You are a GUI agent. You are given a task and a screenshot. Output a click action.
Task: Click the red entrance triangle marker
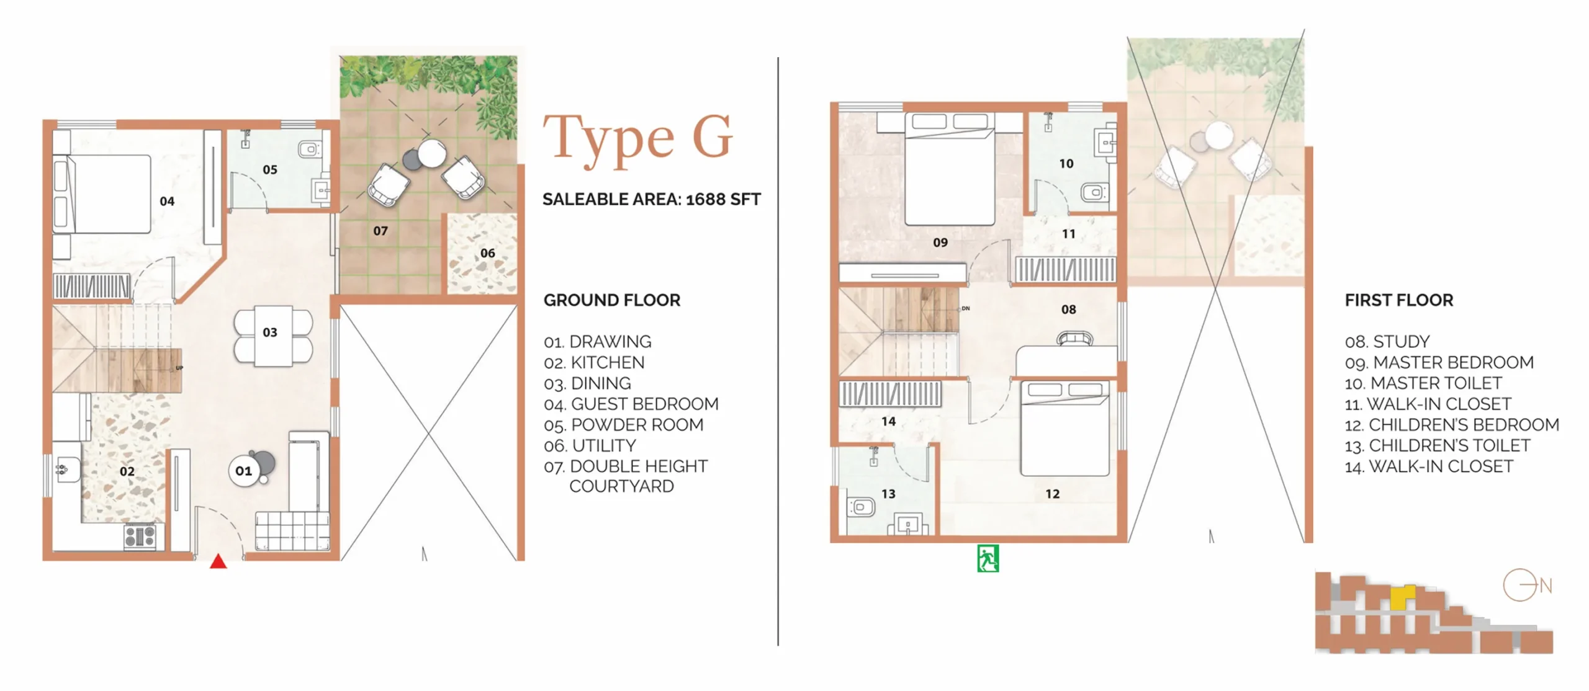(x=218, y=561)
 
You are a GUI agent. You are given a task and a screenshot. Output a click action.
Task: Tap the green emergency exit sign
(x=988, y=558)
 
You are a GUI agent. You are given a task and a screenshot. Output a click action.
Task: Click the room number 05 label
(x=270, y=169)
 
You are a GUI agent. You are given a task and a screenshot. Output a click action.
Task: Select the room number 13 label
(x=888, y=494)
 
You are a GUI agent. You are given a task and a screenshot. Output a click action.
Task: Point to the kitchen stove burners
(x=140, y=537)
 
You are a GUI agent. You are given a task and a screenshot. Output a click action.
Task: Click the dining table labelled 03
(x=273, y=336)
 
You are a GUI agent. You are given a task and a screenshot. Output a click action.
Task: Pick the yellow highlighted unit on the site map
(x=1402, y=597)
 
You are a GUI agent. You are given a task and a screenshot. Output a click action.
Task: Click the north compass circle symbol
(x=1519, y=585)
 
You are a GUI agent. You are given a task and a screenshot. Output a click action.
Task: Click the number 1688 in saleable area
(x=705, y=199)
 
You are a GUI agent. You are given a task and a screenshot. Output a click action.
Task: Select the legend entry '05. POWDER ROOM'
(x=624, y=425)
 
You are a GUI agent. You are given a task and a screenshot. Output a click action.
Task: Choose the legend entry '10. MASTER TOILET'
(x=1423, y=383)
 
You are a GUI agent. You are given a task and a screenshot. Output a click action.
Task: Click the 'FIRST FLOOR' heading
(x=1399, y=300)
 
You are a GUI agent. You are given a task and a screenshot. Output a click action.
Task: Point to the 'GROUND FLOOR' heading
(x=612, y=300)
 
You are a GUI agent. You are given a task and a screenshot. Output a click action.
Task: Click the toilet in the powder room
(x=310, y=149)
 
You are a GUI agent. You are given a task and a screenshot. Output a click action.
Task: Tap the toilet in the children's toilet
(x=860, y=507)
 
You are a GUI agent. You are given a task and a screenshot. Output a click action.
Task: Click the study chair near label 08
(x=1075, y=339)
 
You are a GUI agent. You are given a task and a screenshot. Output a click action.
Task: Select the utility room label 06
(x=488, y=253)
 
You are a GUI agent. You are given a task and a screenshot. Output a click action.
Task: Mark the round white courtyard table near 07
(x=431, y=153)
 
